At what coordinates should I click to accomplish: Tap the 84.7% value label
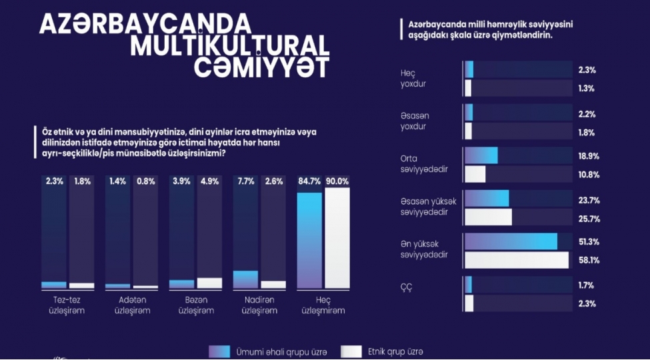click(x=309, y=181)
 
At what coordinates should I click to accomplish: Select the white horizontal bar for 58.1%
click(x=517, y=260)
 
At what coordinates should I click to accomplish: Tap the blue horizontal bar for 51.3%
click(x=511, y=241)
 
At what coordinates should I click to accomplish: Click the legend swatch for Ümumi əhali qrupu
click(x=219, y=351)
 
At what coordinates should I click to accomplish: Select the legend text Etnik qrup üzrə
click(x=395, y=351)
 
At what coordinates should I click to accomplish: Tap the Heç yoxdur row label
click(x=413, y=79)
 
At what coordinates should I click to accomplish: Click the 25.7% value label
click(x=587, y=218)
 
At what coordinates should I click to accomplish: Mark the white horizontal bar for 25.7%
click(x=488, y=217)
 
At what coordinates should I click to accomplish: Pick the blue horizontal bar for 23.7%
click(x=487, y=199)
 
